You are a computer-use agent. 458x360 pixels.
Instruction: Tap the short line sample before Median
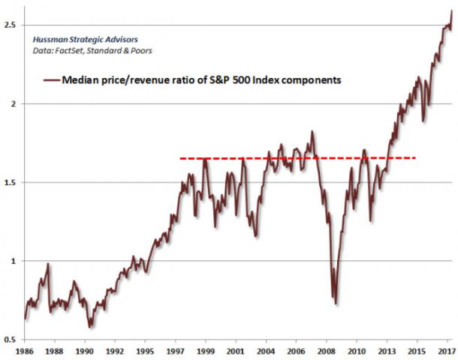[51, 79]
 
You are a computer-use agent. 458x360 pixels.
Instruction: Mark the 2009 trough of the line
[336, 304]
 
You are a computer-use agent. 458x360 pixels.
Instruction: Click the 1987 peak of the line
[48, 263]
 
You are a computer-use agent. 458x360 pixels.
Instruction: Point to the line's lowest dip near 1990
[90, 328]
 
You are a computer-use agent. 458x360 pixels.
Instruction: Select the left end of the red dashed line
[180, 158]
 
